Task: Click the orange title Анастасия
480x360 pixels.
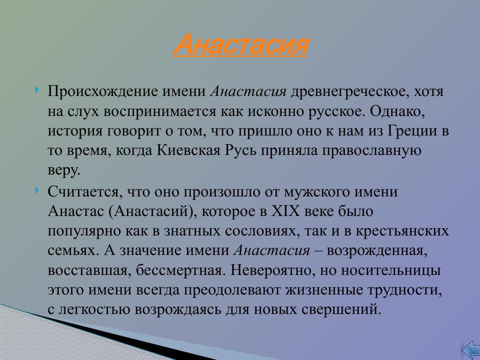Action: click(240, 45)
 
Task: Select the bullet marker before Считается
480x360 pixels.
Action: click(38, 190)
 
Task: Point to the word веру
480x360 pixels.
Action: click(63, 170)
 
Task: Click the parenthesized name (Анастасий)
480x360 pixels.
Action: click(150, 211)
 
